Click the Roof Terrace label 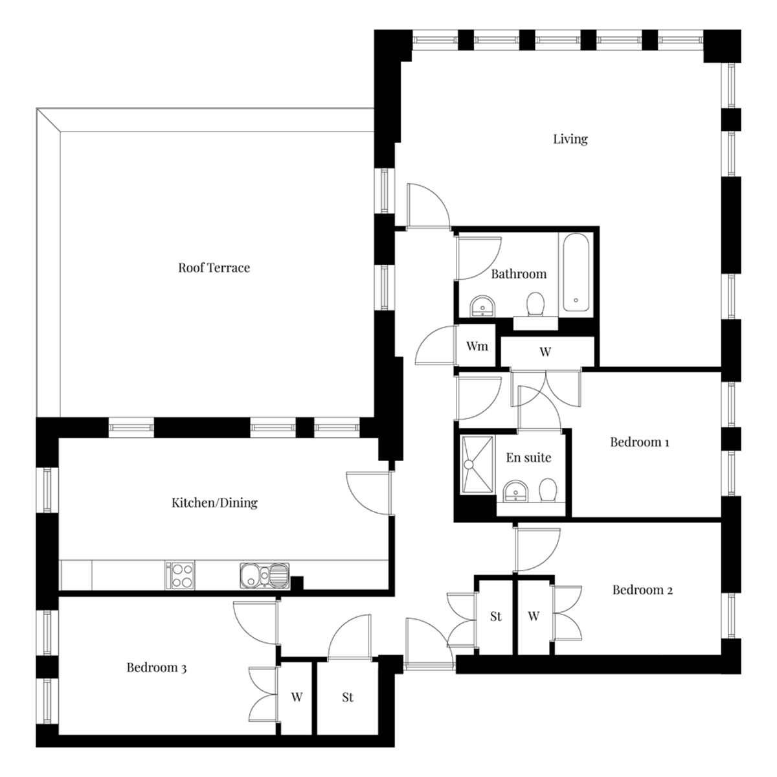point(214,267)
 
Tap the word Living point(570,139)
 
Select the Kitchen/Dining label point(214,502)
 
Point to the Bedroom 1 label point(640,442)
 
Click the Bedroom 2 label point(642,590)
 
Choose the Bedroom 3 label point(157,668)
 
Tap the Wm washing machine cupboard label point(477,346)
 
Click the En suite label point(528,457)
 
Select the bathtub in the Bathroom point(576,272)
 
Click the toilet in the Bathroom point(535,304)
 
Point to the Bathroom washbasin point(482,306)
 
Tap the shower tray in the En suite point(477,464)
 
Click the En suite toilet point(548,490)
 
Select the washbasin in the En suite point(515,491)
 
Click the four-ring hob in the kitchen point(182,576)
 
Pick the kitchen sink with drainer point(265,576)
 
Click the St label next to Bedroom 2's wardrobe point(496,616)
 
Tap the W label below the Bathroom point(545,352)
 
